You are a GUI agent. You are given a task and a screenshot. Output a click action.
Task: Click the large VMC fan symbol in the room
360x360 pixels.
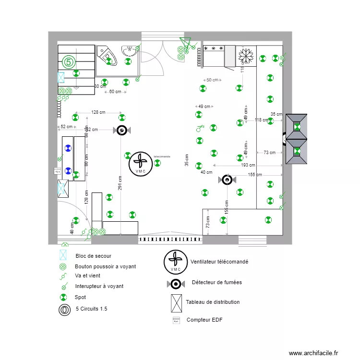141,164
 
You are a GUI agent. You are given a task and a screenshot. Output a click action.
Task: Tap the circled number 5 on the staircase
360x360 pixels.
69,62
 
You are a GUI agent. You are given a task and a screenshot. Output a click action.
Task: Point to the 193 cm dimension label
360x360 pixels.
248,165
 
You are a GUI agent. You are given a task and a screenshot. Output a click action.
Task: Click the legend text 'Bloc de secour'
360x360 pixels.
93,256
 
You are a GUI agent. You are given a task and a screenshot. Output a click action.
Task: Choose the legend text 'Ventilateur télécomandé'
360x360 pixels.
219,262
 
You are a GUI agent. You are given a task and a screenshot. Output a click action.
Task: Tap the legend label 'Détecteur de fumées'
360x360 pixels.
216,282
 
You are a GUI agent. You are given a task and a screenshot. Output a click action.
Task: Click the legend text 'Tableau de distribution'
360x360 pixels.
213,302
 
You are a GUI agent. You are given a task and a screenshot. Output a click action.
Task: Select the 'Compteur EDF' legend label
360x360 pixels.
204,320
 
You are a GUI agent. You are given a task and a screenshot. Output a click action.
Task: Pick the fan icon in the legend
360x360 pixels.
176,262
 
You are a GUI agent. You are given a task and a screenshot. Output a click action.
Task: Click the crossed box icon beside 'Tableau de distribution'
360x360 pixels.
176,302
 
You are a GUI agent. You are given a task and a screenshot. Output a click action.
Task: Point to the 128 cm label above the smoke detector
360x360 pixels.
98,112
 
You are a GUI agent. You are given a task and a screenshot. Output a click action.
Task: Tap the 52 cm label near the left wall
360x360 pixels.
67,127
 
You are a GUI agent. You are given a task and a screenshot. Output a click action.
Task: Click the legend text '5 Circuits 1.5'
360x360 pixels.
91,309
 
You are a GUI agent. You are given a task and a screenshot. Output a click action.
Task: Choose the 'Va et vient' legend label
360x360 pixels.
88,276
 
